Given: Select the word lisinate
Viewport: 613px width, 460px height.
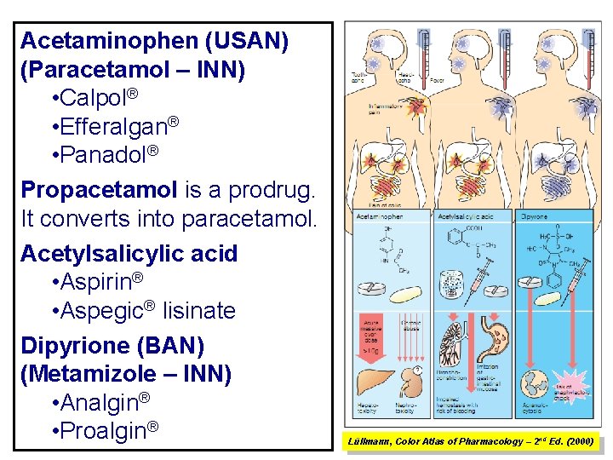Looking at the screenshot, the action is [199, 311].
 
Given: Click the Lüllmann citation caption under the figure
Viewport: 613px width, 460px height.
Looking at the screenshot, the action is [471, 440].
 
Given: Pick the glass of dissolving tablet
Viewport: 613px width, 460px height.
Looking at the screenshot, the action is [450, 282].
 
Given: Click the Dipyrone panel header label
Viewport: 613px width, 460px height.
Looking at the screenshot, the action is [534, 217].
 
